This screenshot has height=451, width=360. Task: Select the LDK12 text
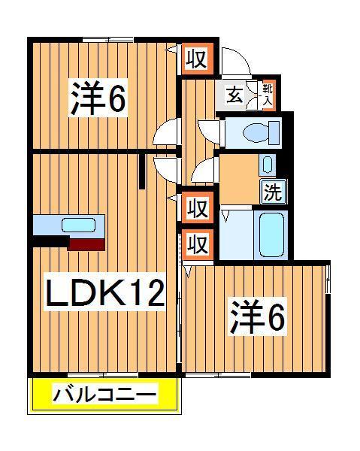click(x=105, y=292)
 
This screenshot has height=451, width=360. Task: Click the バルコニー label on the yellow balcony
click(x=104, y=395)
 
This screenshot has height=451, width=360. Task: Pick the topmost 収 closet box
click(x=197, y=59)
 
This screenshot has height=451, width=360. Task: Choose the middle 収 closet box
click(x=197, y=207)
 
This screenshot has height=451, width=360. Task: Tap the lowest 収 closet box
click(x=197, y=244)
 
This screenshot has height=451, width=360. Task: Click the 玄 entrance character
click(x=234, y=95)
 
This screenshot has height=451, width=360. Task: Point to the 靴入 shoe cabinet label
click(x=267, y=94)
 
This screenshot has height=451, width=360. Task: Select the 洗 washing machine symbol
click(x=272, y=192)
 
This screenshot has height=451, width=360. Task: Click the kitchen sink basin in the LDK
click(x=77, y=225)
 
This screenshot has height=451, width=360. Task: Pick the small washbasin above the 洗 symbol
click(x=268, y=163)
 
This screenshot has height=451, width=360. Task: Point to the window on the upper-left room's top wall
click(x=107, y=38)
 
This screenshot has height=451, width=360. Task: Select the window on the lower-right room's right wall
click(x=328, y=280)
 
